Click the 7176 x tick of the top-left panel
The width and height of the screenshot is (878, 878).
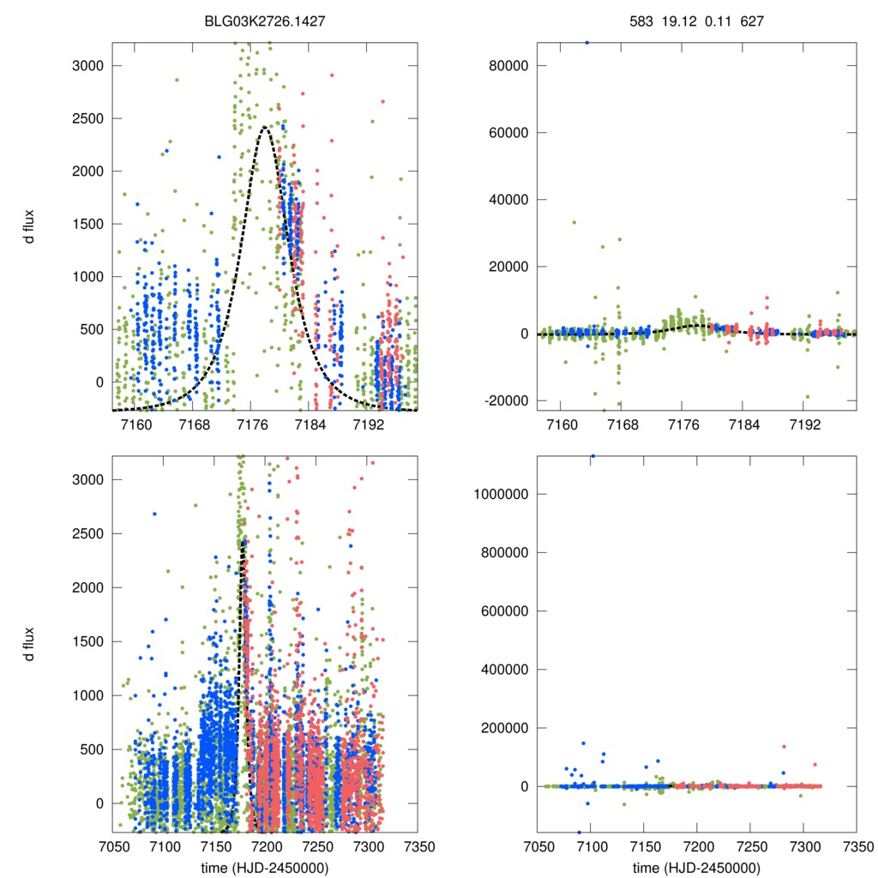point(253,425)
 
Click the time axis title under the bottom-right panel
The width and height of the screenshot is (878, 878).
point(696,867)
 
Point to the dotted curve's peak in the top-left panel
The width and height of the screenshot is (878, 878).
point(265,128)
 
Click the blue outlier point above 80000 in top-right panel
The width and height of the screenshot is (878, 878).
point(586,41)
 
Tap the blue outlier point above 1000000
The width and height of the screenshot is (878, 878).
point(592,456)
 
